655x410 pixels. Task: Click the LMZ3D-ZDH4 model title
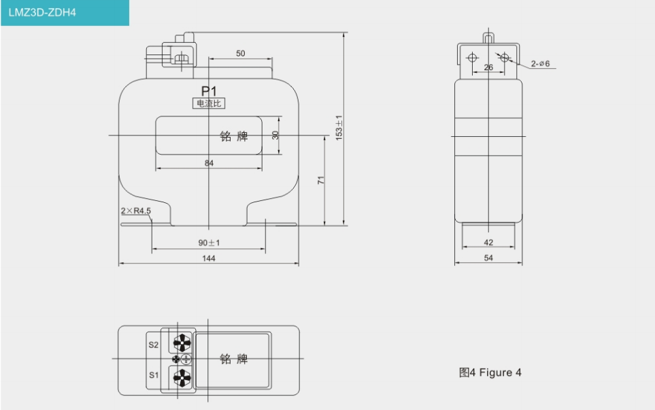click(x=42, y=12)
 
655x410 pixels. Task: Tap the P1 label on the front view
click(x=209, y=91)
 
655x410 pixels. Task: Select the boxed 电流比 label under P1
click(x=209, y=104)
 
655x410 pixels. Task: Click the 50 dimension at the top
click(x=241, y=54)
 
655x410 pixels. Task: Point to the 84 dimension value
click(x=209, y=163)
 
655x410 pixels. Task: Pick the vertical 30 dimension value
click(x=275, y=135)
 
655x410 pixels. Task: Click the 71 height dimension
click(x=321, y=180)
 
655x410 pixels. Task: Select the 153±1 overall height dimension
click(x=339, y=127)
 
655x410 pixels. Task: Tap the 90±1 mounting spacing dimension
click(x=209, y=242)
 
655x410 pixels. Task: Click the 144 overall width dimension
click(x=208, y=258)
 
